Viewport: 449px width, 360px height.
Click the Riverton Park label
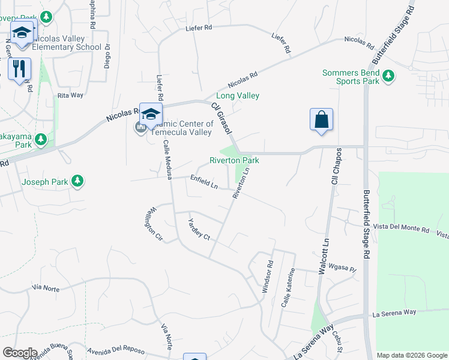pos(234,160)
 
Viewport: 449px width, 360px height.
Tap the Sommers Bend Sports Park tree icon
pos(389,76)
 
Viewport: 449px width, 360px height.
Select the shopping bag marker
pos(322,119)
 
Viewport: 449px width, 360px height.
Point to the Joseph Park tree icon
pos(77,181)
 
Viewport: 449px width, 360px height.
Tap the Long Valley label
pos(237,95)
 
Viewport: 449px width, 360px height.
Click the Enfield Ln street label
pos(204,182)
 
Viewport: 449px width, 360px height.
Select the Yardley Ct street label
pos(199,229)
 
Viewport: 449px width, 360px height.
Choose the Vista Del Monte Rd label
pos(402,230)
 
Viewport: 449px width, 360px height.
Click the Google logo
pos(20,353)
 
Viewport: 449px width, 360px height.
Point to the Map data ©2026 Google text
pos(412,355)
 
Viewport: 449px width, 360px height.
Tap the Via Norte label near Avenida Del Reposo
pos(170,337)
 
